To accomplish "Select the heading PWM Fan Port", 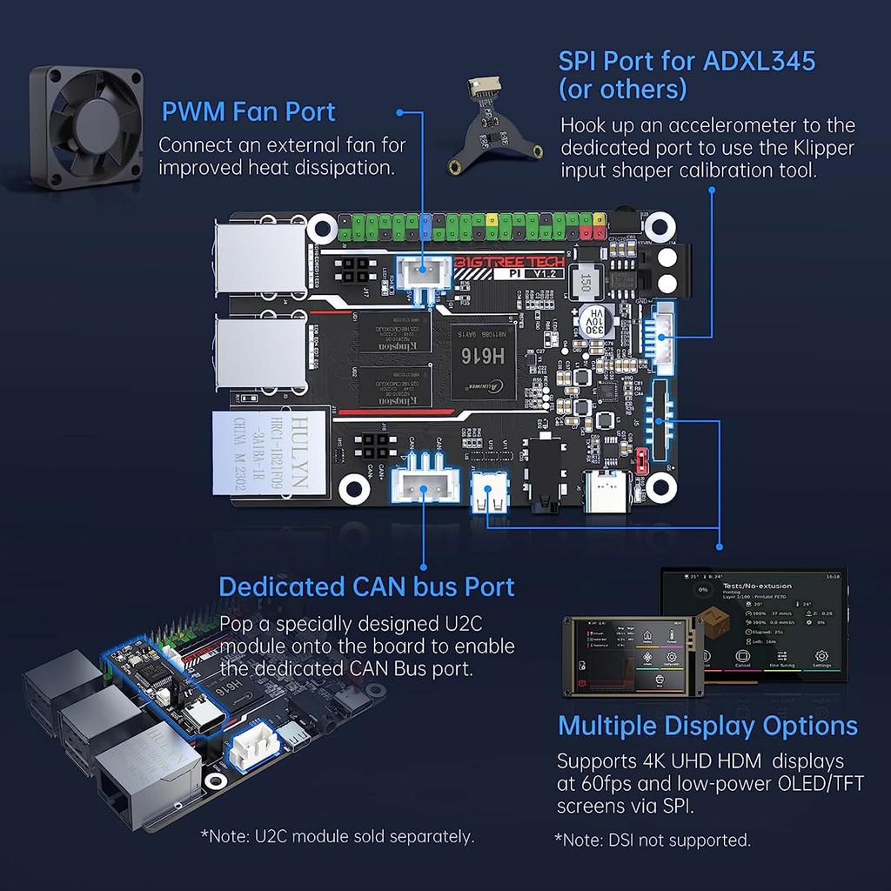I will click(x=248, y=111).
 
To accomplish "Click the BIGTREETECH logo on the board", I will click(x=509, y=261).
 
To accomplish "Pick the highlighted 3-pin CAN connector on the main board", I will click(x=424, y=490).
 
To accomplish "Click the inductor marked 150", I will click(x=586, y=283).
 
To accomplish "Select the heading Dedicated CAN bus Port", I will click(x=366, y=586).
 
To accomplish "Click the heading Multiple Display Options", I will click(x=707, y=726).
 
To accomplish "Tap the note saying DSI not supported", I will click(x=653, y=840).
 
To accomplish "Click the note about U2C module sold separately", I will click(x=338, y=836).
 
